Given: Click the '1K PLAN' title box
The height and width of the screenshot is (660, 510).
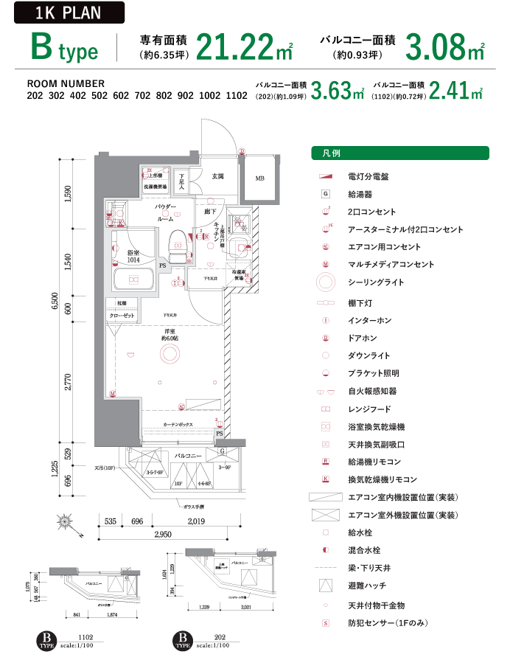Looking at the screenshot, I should tap(68, 13).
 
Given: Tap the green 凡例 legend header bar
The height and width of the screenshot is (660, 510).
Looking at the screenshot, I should tap(399, 153).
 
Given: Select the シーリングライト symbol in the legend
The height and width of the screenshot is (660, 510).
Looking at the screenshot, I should tap(325, 282).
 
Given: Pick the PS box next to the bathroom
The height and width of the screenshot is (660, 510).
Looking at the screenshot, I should tap(162, 265).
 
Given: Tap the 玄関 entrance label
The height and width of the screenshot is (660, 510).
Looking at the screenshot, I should tap(218, 176).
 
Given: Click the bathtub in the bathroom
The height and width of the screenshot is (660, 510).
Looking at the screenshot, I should tap(133, 280).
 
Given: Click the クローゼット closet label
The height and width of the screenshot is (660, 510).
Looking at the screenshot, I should tap(122, 315).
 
